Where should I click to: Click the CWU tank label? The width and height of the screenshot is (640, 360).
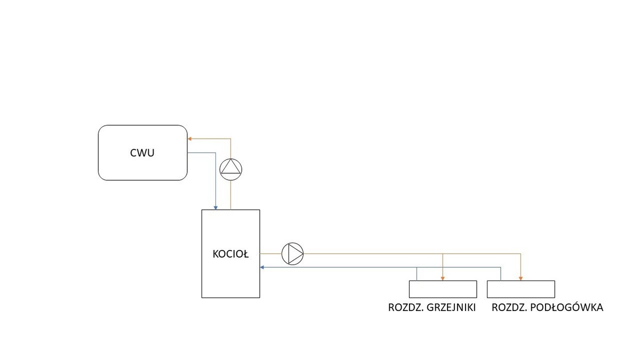(x=142, y=153)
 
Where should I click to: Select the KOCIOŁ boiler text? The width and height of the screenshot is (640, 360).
(x=230, y=254)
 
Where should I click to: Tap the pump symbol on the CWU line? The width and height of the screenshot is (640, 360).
(x=231, y=168)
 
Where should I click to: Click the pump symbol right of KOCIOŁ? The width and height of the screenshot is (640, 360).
(x=292, y=253)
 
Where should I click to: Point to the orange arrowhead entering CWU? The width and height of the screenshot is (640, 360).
(x=190, y=139)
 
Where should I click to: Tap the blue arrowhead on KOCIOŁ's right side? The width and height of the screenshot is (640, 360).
(x=262, y=267)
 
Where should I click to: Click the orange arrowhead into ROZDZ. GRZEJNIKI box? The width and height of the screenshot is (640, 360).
(x=443, y=278)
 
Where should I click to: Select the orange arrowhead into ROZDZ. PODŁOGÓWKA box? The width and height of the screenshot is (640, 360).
(x=521, y=278)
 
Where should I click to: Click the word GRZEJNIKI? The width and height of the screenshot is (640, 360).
(x=451, y=308)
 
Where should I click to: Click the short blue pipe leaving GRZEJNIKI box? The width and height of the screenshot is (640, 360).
(x=417, y=274)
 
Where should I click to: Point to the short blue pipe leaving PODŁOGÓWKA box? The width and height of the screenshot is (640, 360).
(x=501, y=274)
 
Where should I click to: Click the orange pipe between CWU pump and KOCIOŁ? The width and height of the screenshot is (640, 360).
(x=231, y=195)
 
